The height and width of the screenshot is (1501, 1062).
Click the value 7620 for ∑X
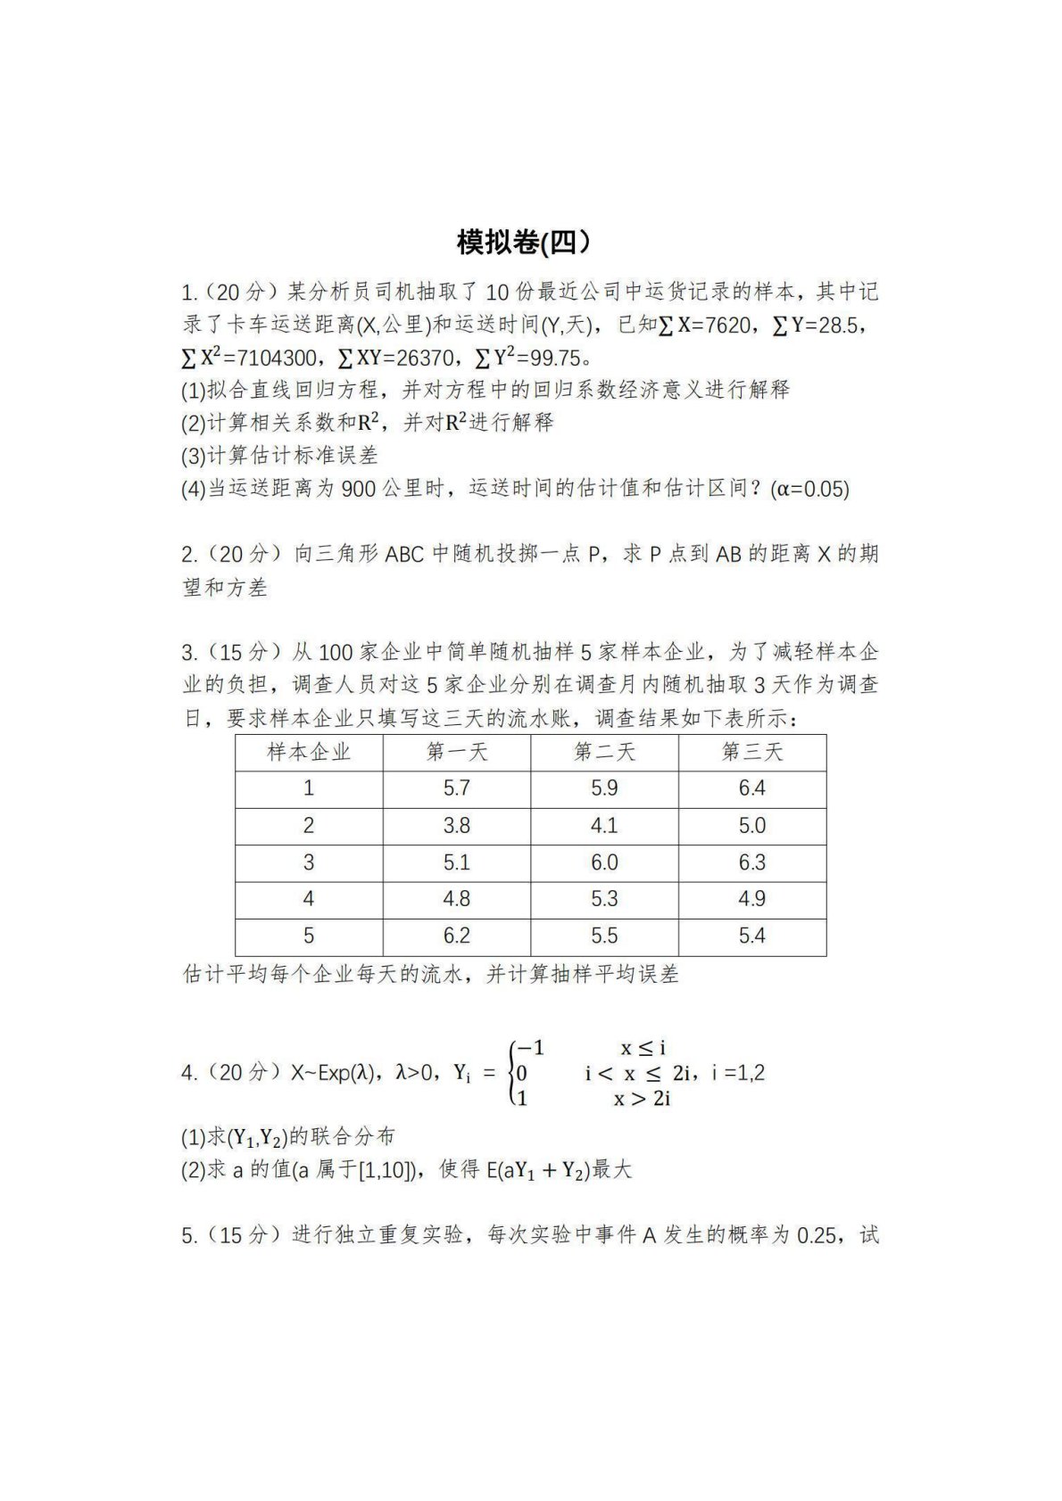[x=726, y=326]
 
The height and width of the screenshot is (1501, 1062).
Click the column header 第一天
[x=456, y=752]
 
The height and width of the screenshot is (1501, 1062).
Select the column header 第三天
[x=751, y=752]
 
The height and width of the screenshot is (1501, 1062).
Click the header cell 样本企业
[x=309, y=752]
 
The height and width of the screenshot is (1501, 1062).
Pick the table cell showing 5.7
[x=456, y=788]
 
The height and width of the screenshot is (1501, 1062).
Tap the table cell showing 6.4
[x=751, y=788]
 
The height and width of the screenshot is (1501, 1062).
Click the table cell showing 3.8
[x=456, y=826]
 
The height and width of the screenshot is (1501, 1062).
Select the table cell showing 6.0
[x=604, y=862]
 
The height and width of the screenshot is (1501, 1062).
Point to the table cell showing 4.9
[x=751, y=899]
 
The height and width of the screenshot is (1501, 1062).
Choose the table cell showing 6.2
[x=456, y=936]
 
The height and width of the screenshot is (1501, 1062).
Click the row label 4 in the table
[x=309, y=899]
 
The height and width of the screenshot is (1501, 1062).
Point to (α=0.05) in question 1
[x=812, y=489]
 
